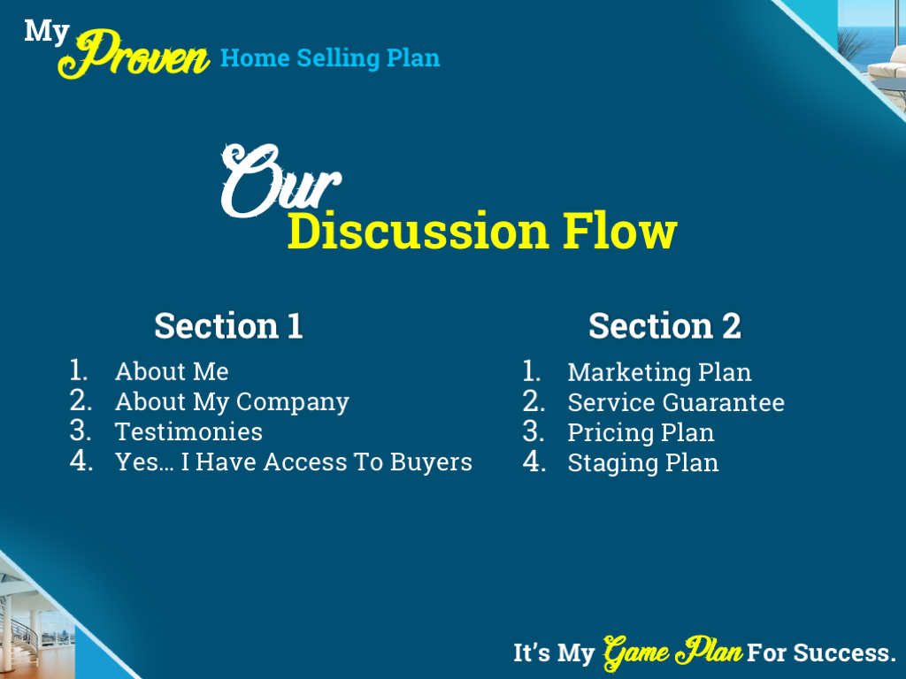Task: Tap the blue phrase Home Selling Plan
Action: click(329, 58)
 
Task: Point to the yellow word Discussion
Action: click(418, 232)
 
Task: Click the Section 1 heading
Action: click(228, 325)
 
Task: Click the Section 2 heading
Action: click(664, 325)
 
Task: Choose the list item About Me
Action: click(172, 371)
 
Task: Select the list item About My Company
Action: click(232, 401)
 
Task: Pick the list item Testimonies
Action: click(188, 431)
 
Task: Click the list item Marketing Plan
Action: click(659, 372)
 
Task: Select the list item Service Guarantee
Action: click(676, 402)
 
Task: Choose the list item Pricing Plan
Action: click(641, 432)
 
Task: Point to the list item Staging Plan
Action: click(643, 462)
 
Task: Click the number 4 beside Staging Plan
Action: click(533, 462)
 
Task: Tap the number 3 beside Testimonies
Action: click(81, 431)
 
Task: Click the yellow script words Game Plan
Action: click(672, 652)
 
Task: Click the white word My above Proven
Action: click(46, 31)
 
